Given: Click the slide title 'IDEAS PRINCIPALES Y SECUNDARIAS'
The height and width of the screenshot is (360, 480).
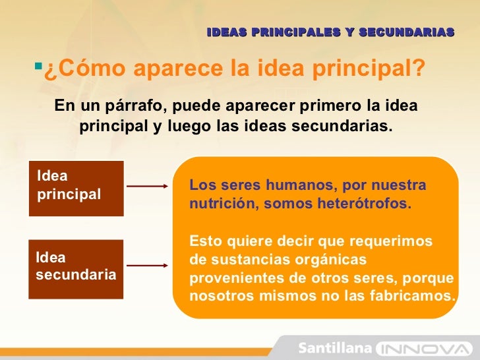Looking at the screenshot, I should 330,32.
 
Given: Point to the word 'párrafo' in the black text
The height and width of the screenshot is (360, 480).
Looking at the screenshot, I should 129,106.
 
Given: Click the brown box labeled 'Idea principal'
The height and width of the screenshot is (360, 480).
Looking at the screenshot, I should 76,188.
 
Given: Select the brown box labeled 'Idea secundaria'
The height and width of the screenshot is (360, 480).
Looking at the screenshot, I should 76,268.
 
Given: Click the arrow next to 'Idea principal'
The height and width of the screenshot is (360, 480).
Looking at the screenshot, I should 147,187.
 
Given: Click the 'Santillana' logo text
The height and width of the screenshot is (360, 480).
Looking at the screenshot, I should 336,347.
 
